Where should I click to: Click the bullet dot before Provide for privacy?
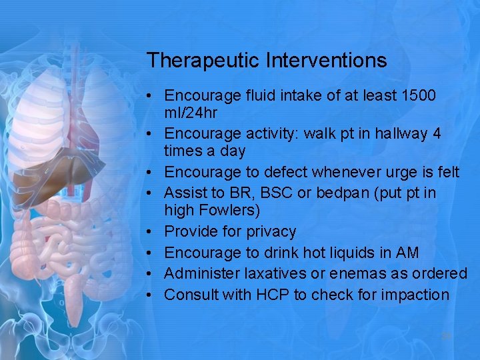click(153, 232)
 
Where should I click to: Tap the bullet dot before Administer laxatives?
click(153, 274)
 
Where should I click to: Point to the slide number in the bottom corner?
click(446, 337)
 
